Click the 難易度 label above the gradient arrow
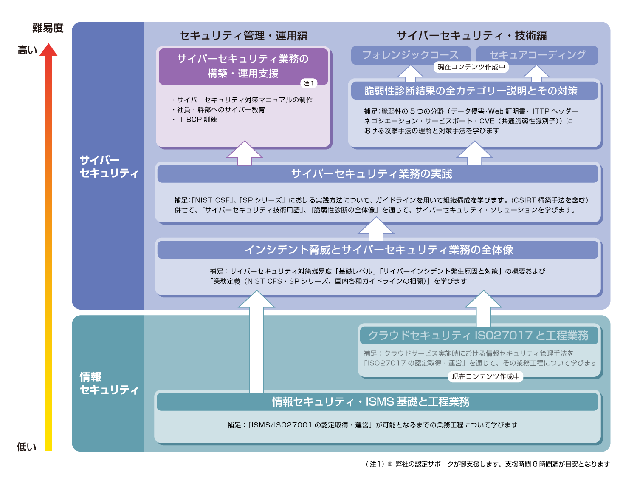coord(48,28)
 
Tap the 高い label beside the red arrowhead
coord(27,50)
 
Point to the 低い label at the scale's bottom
coord(26,447)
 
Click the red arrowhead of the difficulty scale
coord(48,50)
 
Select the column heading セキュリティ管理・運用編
coord(243,36)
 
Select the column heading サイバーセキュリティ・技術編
coord(471,36)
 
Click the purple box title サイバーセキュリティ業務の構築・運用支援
coord(243,66)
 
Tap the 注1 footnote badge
coord(309,83)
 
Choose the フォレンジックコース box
coord(410,55)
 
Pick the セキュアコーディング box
coord(537,55)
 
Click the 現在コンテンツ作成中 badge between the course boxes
coord(471,67)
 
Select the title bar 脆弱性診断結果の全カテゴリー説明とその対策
coord(471,91)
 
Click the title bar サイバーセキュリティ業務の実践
coord(372,174)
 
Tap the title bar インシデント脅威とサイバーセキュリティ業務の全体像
coord(379,250)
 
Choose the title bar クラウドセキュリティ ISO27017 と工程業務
coord(478,336)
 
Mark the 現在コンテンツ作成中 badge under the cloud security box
coord(486,376)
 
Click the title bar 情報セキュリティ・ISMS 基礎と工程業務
coord(371,401)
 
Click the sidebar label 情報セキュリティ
coord(109,383)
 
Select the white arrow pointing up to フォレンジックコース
coord(410,74)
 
